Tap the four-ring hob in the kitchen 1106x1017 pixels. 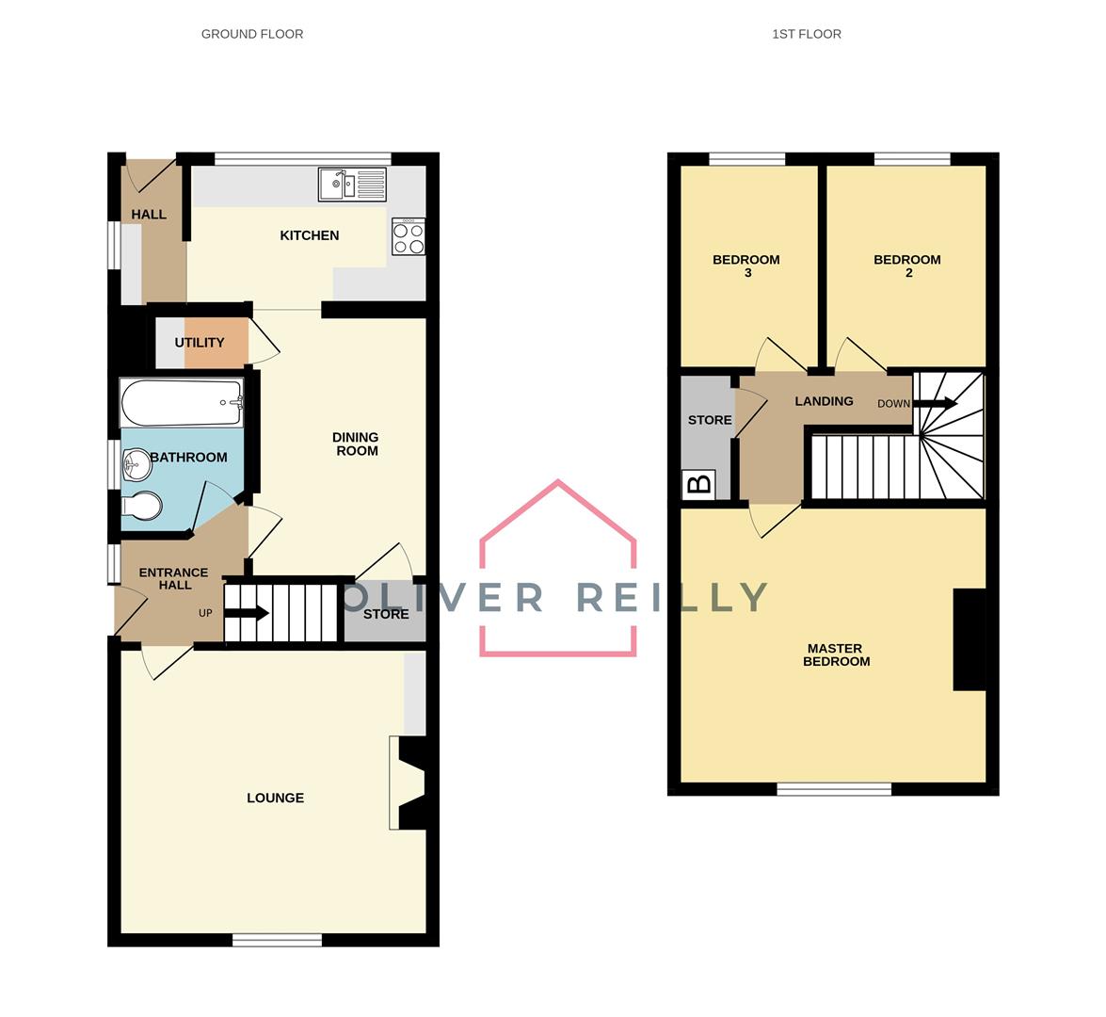click(409, 236)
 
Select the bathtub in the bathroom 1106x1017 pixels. click(182, 403)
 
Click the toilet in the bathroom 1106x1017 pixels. click(140, 507)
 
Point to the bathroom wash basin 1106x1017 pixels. click(136, 461)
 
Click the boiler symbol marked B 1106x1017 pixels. click(699, 485)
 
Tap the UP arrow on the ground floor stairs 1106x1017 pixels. click(248, 614)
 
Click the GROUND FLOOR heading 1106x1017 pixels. click(252, 34)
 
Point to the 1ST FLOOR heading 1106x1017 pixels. click(807, 34)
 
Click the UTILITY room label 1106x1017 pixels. click(200, 343)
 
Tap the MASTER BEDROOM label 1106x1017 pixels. click(836, 654)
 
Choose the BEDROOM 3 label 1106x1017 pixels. click(746, 266)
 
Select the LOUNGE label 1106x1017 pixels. click(275, 798)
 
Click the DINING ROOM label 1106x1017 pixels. click(356, 444)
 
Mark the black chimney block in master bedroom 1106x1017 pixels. click(970, 640)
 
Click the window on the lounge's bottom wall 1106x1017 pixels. click(277, 938)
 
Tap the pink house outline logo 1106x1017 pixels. click(558, 570)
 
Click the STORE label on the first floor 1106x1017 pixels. click(710, 420)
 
